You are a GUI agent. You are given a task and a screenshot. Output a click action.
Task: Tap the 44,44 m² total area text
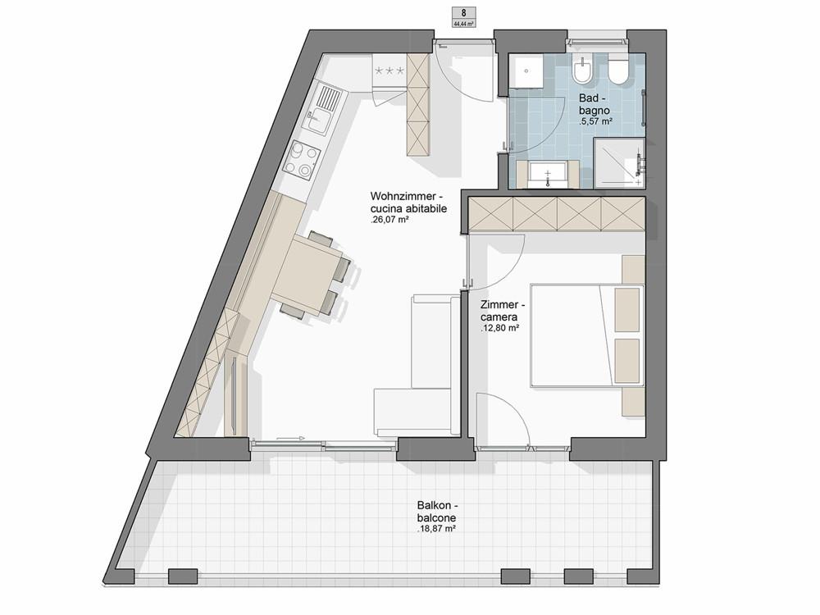tap(464, 24)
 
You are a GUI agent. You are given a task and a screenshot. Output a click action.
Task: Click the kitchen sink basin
tap(318, 121)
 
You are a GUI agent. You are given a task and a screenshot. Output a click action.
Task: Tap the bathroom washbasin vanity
tap(547, 174)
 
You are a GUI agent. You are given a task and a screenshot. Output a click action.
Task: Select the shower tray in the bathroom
tap(619, 162)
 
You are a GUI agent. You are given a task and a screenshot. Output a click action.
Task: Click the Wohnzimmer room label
tap(403, 197)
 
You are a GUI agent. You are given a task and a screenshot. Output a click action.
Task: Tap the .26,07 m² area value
tap(389, 220)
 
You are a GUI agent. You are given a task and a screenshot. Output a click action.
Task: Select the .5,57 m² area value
tap(595, 121)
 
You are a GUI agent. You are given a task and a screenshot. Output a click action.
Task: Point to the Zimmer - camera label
tap(503, 311)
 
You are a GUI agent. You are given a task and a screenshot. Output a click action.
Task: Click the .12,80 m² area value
tap(499, 329)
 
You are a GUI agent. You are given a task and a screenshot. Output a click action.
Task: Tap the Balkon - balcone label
tap(437, 512)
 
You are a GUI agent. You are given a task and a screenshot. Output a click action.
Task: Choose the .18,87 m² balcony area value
tap(436, 529)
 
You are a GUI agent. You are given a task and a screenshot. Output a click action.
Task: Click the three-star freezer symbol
tap(389, 71)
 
